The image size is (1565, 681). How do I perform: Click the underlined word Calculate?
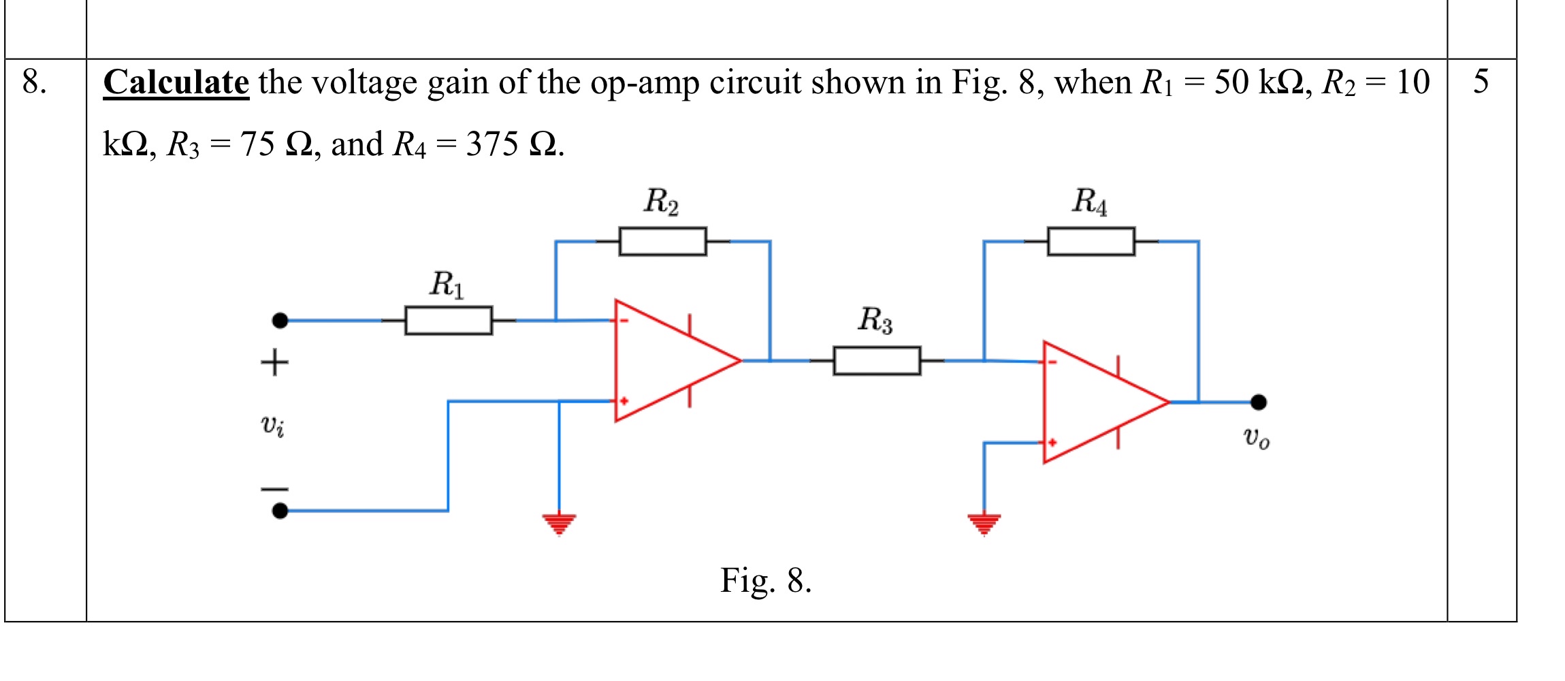pos(176,83)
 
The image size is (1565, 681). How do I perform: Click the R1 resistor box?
pos(449,320)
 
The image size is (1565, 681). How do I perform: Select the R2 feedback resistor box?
pos(662,241)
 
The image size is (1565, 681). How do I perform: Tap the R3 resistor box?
pos(877,360)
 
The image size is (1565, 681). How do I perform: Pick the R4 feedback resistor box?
pos(1091,241)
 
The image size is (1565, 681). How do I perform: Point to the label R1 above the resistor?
pos(447,284)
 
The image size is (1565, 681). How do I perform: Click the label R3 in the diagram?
pos(875,319)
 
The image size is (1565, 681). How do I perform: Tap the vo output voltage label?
pos(1256,437)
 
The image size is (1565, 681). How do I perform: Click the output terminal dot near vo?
pos(1259,402)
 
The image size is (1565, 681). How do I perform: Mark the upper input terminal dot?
pos(280,320)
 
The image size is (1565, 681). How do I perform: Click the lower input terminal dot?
pos(280,510)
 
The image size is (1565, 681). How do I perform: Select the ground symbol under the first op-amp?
pos(559,524)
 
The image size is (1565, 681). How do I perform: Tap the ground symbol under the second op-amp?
pos(984,524)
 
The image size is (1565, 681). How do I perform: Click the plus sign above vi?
pos(274,362)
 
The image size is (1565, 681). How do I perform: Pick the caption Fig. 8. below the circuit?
pos(766,581)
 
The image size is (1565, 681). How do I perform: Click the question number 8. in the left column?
pos(34,82)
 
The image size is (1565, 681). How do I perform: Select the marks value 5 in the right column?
pos(1481,82)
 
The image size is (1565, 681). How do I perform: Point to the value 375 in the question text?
pos(491,144)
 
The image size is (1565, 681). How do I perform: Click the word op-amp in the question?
pos(645,83)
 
